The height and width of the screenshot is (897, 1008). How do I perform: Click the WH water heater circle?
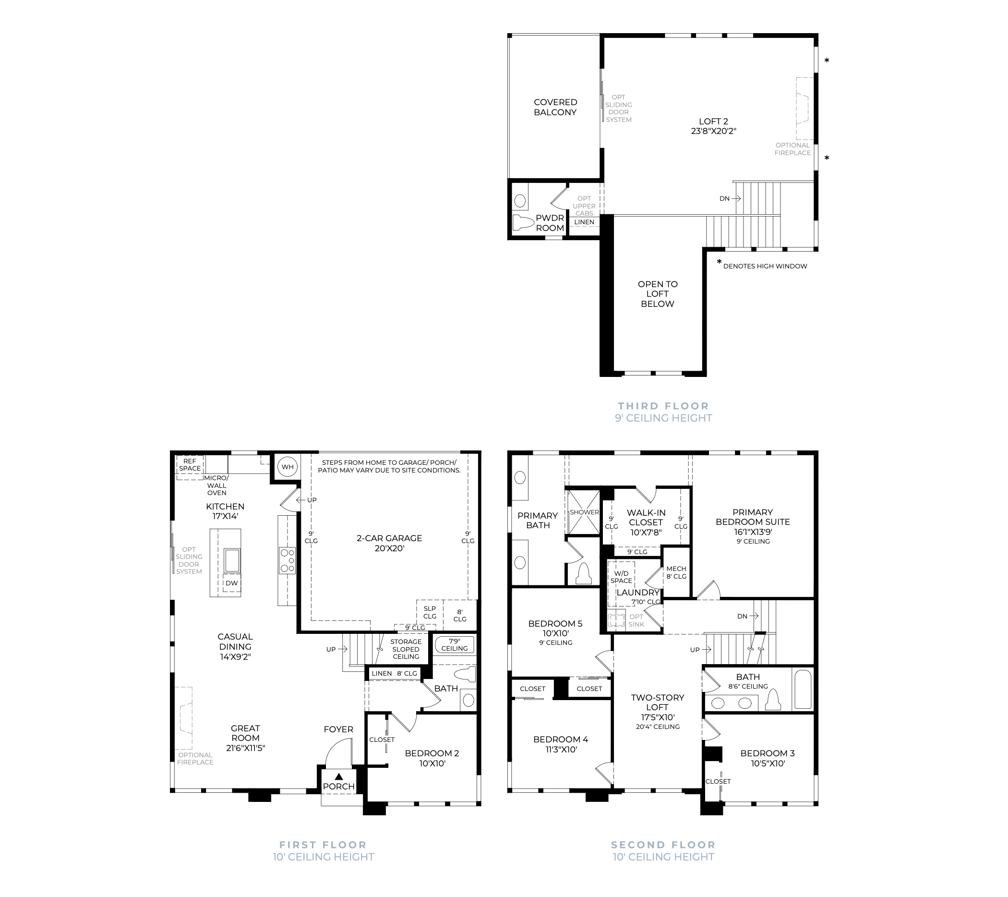coord(288,467)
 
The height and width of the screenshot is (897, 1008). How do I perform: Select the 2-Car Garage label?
coord(390,543)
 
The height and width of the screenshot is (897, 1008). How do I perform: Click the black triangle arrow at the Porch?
coord(339,776)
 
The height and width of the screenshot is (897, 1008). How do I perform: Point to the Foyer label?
coord(338,729)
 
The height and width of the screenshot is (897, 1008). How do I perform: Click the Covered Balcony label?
coord(555,107)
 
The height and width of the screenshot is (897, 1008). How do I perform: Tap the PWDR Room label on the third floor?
coord(550,223)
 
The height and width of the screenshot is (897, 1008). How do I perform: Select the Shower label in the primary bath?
coord(584,512)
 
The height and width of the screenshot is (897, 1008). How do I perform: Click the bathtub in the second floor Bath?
coord(804,689)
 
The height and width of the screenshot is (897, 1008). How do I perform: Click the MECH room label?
coord(676,569)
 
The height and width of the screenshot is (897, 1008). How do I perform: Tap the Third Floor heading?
coord(663,406)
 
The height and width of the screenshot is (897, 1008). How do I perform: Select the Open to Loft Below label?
coord(658,294)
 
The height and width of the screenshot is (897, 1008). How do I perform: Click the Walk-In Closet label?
coord(646,522)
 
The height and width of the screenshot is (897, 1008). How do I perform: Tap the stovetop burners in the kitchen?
coord(288,561)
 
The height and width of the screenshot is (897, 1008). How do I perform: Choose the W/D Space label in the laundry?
coord(622,577)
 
